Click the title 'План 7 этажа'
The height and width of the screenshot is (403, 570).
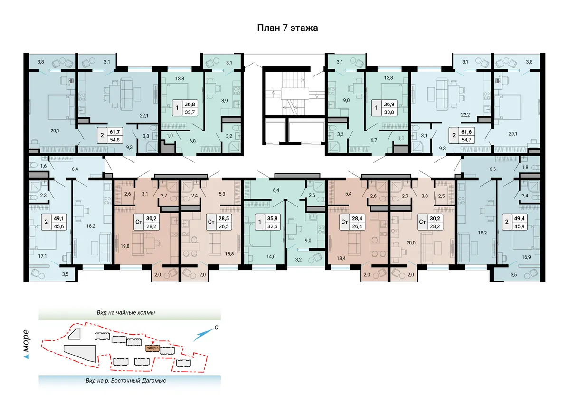pyautogui.click(x=287, y=28)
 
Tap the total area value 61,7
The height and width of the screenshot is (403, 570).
pyautogui.click(x=114, y=131)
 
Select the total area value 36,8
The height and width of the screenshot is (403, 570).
pyautogui.click(x=190, y=104)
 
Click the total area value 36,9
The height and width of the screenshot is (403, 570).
pyautogui.click(x=389, y=104)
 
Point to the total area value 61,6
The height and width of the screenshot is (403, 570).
pyautogui.click(x=466, y=131)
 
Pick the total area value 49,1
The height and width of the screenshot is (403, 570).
pyautogui.click(x=59, y=218)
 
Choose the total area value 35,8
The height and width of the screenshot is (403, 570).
pyautogui.click(x=272, y=218)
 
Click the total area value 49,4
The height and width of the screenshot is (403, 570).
pyautogui.click(x=519, y=218)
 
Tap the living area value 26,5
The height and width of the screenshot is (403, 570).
pyautogui.click(x=224, y=226)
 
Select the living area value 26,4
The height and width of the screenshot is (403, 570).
pyautogui.click(x=357, y=226)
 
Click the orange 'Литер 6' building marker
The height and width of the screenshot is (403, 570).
pyautogui.click(x=152, y=348)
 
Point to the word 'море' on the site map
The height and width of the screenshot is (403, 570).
pyautogui.click(x=26, y=341)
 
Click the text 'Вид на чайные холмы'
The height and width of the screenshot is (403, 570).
pyautogui.click(x=126, y=312)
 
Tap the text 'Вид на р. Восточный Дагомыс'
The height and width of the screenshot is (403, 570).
pyautogui.click(x=126, y=381)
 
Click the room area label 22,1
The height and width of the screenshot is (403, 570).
pyautogui.click(x=144, y=116)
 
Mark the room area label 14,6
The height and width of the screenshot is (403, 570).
pyautogui.click(x=271, y=256)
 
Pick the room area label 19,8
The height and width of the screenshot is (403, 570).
pyautogui.click(x=124, y=246)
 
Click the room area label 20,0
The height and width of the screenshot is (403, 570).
pyautogui.click(x=411, y=243)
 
